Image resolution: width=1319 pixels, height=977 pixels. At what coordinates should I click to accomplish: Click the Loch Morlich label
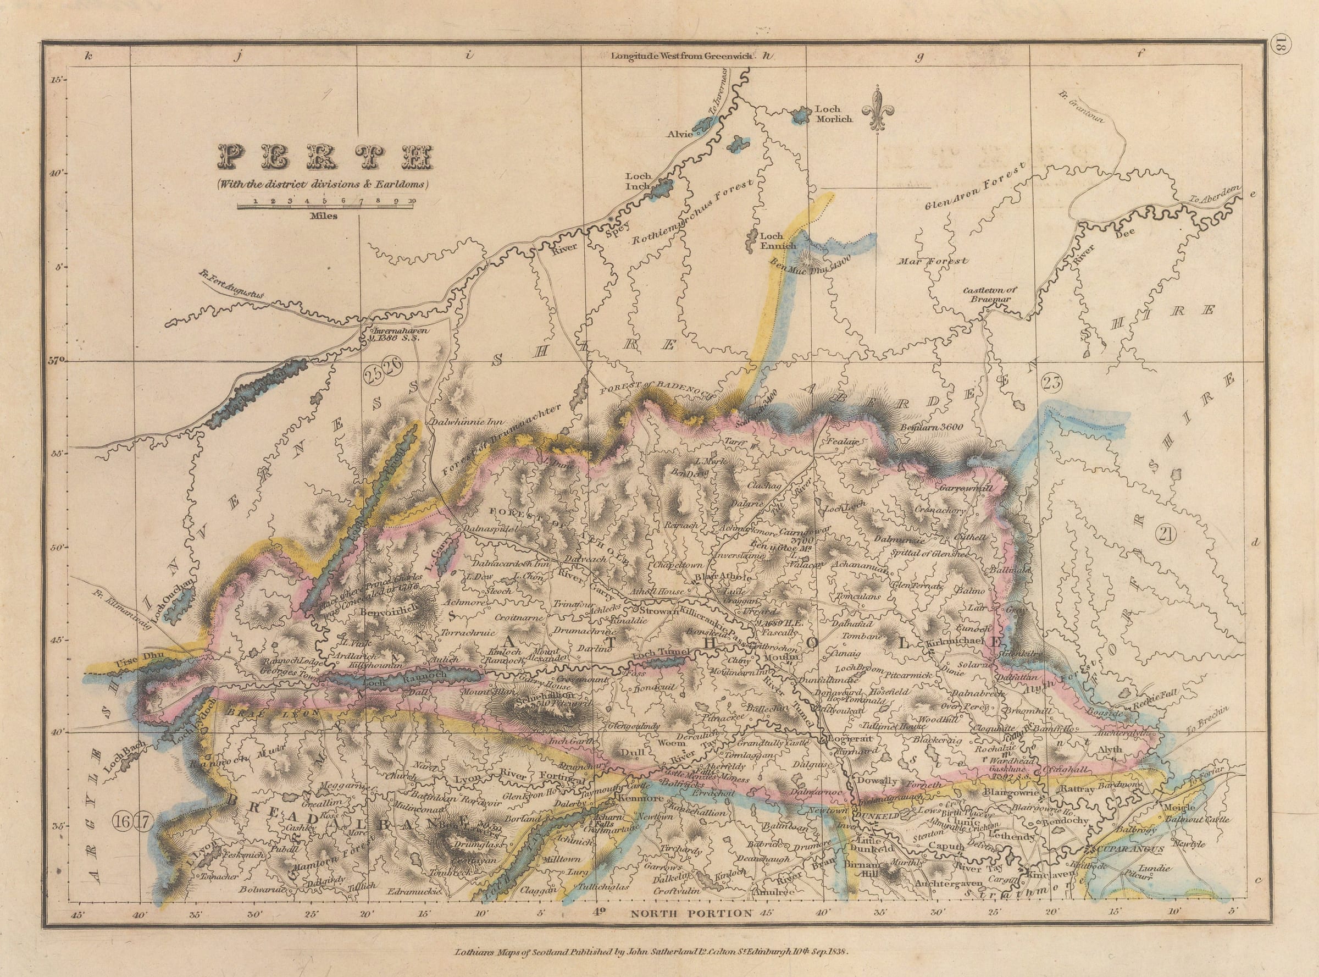(833, 114)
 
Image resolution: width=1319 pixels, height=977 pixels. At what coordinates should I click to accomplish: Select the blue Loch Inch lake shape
(662, 189)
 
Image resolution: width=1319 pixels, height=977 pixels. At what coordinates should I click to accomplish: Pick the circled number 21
(1168, 535)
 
